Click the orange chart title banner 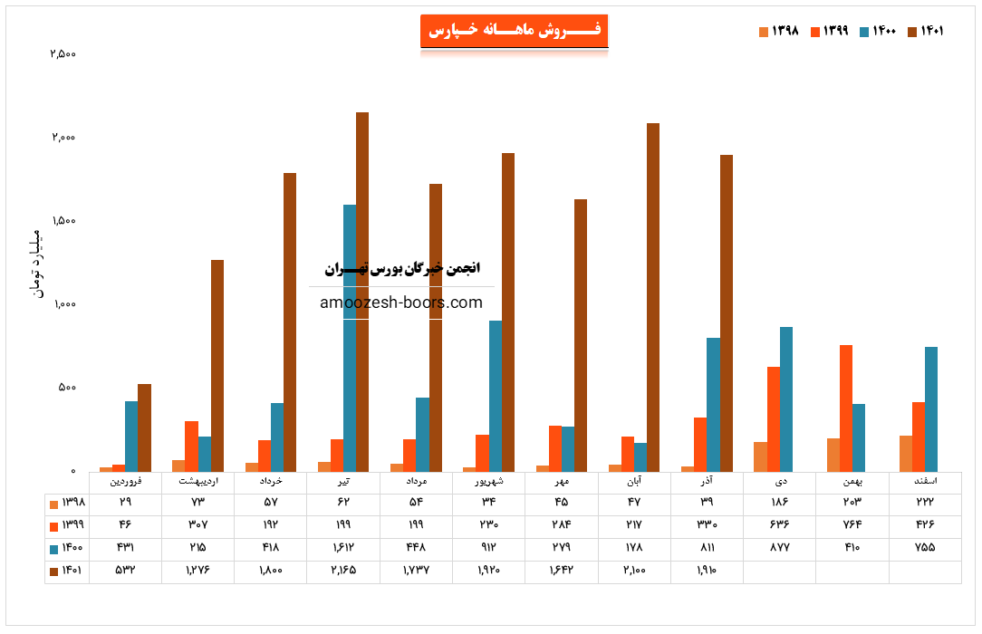(514, 32)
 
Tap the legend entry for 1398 (779, 32)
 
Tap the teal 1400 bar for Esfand (931, 408)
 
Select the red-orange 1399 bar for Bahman (846, 408)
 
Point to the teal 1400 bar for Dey (786, 399)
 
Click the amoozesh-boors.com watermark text (401, 303)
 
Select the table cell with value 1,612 (343, 548)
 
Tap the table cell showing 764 (852, 524)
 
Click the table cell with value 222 (925, 502)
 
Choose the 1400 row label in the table (68, 548)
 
